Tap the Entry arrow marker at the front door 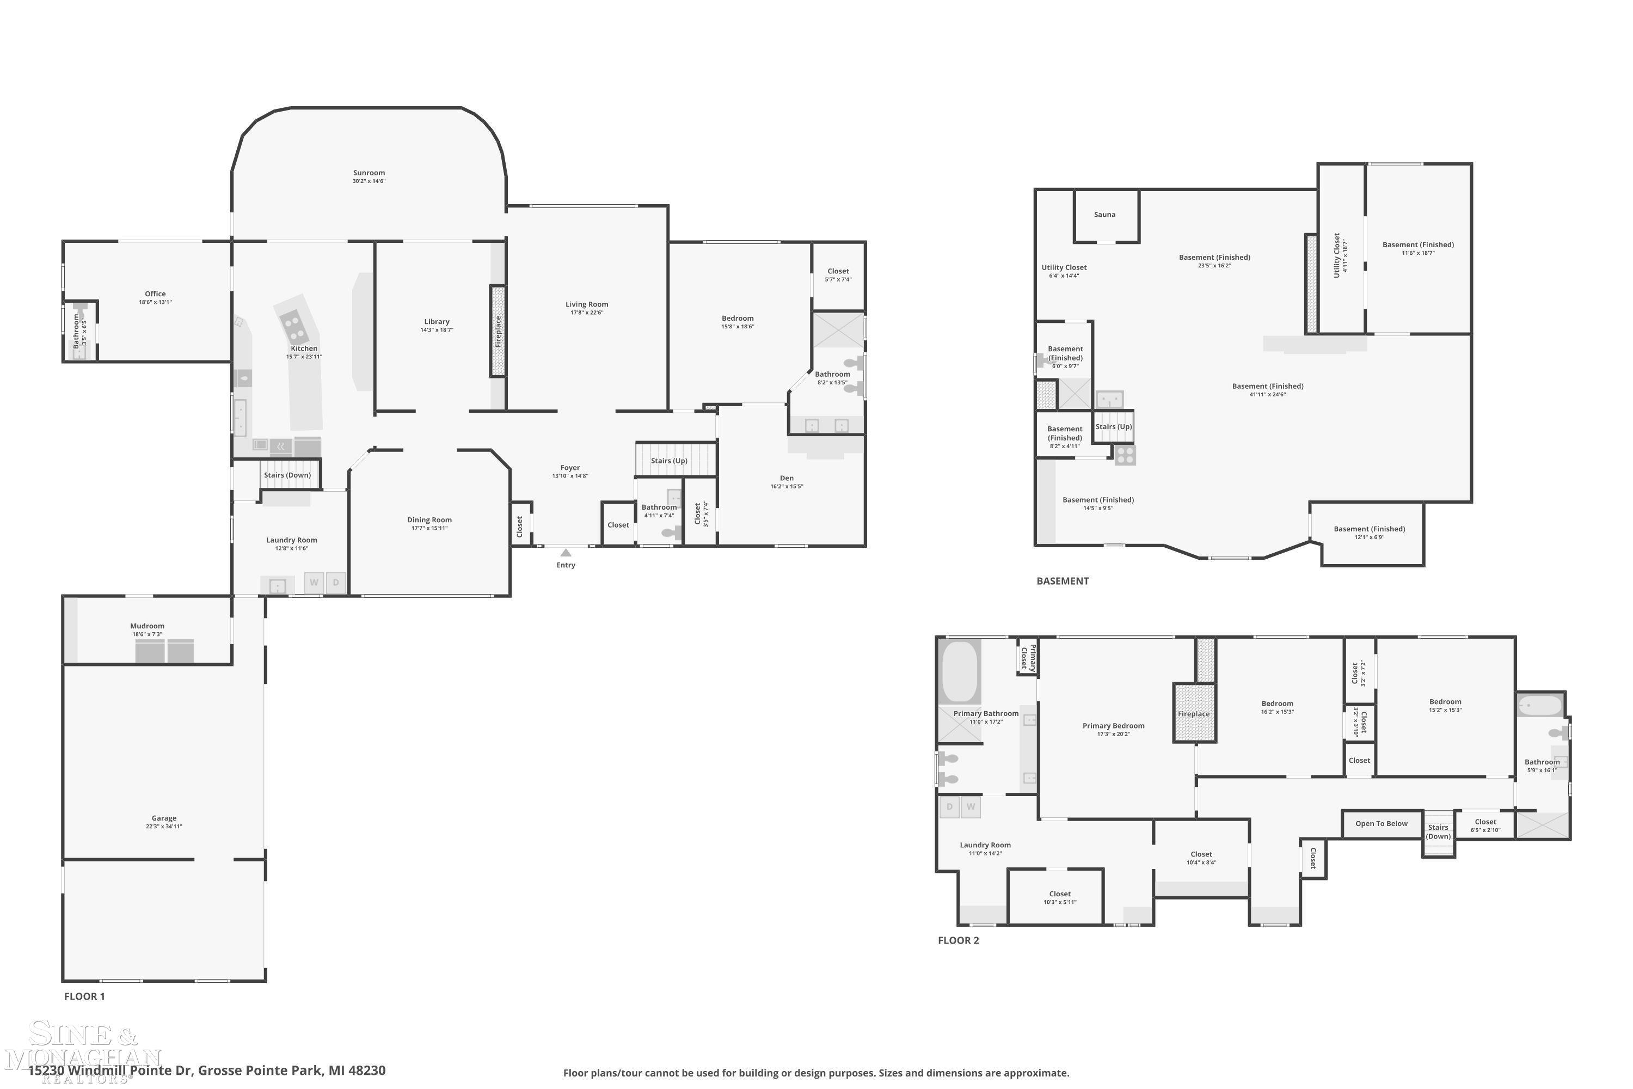tap(566, 553)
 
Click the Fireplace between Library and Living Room tap(498, 331)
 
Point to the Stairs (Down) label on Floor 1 tap(287, 475)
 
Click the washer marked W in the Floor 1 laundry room tap(314, 583)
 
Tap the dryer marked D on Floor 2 tap(949, 807)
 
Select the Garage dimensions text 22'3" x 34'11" tap(164, 827)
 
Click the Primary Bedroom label tap(1113, 726)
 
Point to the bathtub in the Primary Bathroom tap(960, 671)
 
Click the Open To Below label tap(1381, 824)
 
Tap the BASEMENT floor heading tap(1063, 582)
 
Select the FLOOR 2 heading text tap(958, 940)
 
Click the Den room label tap(787, 478)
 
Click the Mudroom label tap(147, 626)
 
